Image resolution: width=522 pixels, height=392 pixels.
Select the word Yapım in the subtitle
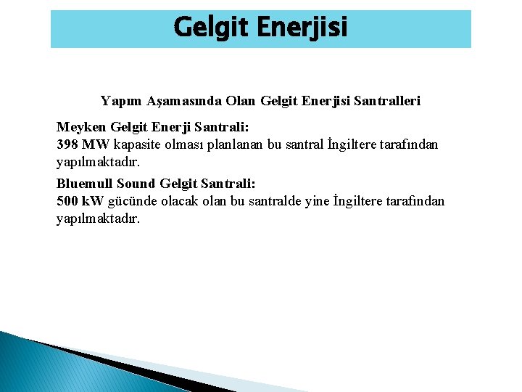point(120,100)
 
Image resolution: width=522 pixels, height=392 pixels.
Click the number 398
point(67,144)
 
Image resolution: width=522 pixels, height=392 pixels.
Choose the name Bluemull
point(85,184)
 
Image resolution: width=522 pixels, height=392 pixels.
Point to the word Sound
point(136,184)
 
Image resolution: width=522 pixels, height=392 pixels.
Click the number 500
point(67,200)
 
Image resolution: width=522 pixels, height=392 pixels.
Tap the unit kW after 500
point(93,200)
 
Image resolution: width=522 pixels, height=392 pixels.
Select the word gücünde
point(131,200)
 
